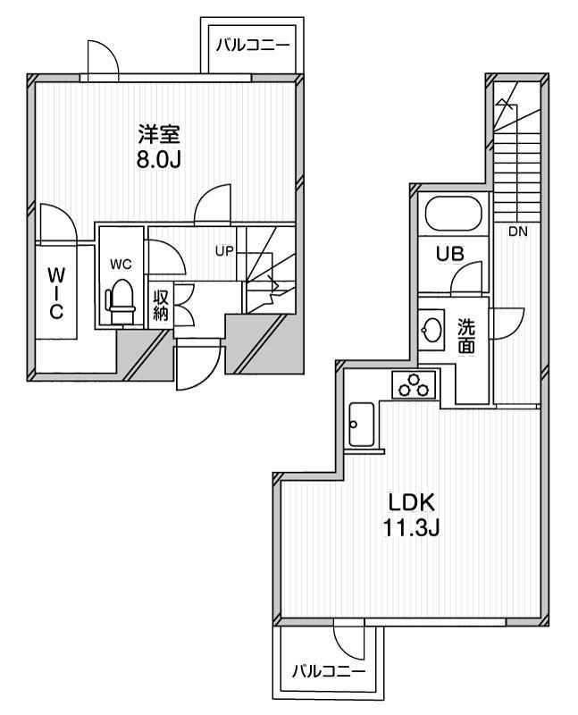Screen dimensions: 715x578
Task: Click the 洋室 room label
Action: [159, 137]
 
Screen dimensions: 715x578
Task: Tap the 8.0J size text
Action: [159, 163]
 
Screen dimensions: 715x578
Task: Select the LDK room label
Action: [411, 500]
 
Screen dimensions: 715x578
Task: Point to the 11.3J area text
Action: [411, 526]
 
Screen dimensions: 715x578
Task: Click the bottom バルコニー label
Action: [328, 669]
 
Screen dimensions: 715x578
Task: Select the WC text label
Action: [121, 265]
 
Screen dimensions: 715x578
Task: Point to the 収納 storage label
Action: [161, 305]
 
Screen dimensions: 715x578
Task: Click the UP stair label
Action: [223, 250]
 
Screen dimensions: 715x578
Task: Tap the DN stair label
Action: [517, 231]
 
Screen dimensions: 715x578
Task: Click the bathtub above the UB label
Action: [454, 214]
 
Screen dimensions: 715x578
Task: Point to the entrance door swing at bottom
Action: [197, 366]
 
